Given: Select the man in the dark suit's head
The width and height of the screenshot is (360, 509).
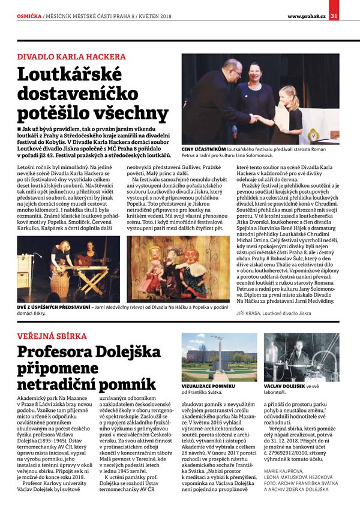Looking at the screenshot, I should point(229,69).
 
